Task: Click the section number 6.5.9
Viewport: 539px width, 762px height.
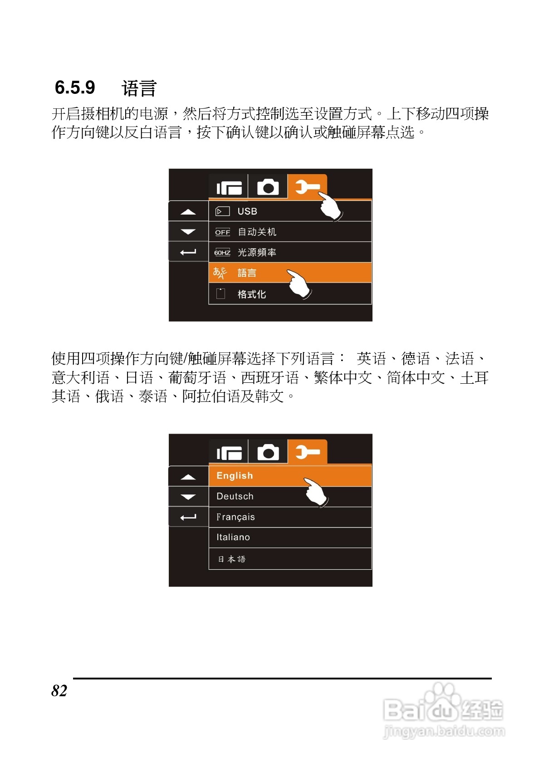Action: [x=75, y=88]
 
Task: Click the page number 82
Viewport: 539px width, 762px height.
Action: [x=59, y=690]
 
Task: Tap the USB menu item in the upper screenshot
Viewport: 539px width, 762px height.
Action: [x=247, y=211]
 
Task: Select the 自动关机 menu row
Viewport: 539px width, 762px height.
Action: [x=257, y=232]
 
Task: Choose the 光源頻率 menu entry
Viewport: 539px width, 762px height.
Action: [x=257, y=252]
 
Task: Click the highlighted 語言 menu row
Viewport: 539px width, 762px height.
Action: [x=247, y=273]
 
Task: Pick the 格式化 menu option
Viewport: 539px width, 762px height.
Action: [x=252, y=294]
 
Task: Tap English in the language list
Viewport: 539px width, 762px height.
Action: [x=235, y=476]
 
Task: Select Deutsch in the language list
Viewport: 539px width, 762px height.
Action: [x=235, y=496]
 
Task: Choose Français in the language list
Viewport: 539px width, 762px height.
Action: [x=235, y=517]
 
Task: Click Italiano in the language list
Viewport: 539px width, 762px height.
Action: [x=233, y=537]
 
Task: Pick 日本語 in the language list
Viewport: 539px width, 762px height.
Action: [x=231, y=559]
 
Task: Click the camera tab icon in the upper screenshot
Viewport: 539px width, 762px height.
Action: [x=268, y=187]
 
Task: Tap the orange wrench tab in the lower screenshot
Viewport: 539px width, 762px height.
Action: [x=308, y=452]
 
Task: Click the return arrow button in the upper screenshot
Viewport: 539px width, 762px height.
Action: [x=188, y=252]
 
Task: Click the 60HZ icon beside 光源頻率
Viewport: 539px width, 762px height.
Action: [x=222, y=253]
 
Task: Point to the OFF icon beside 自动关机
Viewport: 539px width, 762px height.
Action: [x=222, y=232]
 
